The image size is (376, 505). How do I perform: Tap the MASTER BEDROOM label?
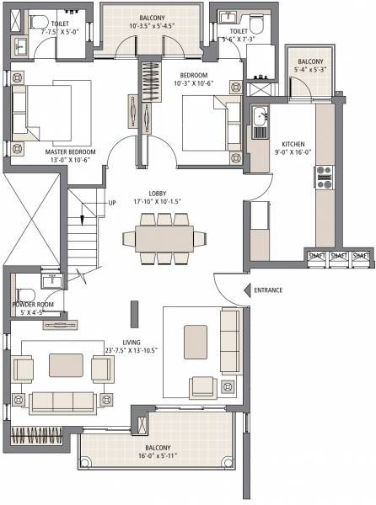70,151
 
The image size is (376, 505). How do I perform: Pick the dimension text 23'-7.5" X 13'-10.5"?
121,351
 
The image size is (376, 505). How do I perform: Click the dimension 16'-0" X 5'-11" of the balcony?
154,455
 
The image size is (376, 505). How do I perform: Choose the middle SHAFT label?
340,255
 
